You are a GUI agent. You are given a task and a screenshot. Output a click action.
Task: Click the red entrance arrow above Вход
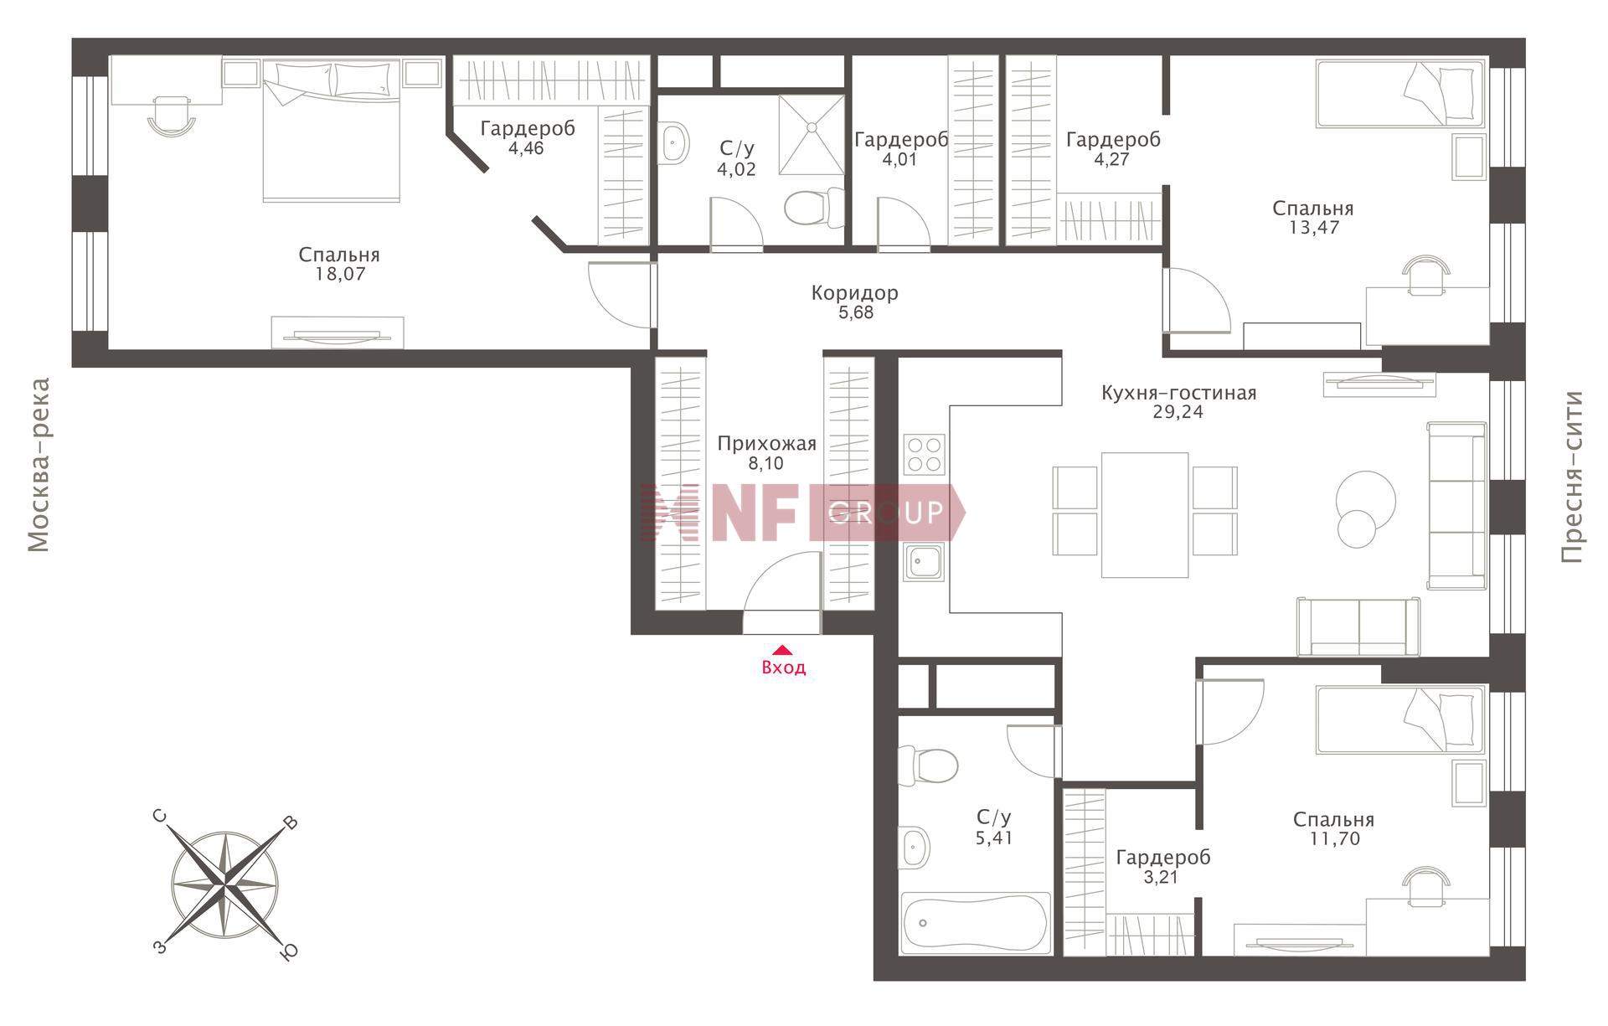click(x=781, y=649)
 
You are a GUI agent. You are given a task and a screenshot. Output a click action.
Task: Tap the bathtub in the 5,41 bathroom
click(x=976, y=923)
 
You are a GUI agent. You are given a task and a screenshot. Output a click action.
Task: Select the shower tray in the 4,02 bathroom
click(x=811, y=135)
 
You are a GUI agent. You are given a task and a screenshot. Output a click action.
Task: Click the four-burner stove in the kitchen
click(x=924, y=455)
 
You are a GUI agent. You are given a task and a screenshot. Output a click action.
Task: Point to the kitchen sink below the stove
click(x=924, y=561)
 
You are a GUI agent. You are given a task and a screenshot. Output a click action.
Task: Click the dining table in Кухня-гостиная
click(x=1145, y=515)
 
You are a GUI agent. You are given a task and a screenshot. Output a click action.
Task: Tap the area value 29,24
click(x=1178, y=412)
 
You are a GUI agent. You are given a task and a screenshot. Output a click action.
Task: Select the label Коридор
click(x=854, y=293)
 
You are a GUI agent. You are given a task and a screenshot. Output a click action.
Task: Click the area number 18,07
click(x=339, y=274)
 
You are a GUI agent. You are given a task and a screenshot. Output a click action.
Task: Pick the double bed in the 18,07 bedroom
click(x=332, y=131)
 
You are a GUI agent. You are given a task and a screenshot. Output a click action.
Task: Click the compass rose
click(x=225, y=884)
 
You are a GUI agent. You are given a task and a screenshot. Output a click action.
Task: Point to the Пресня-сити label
click(x=1572, y=477)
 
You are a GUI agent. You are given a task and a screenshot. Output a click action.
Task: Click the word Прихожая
click(x=766, y=444)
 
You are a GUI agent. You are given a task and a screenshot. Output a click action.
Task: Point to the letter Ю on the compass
click(x=289, y=952)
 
